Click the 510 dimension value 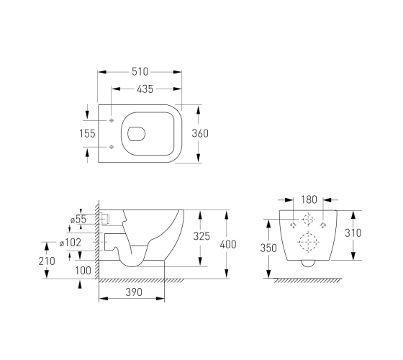pos(140,72)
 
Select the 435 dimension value pos(145,89)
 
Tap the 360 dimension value pos(200,133)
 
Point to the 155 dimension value pos(87,133)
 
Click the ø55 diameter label pos(78,220)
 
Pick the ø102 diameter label pos(71,243)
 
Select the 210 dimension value pos(47,261)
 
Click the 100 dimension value pos(83,271)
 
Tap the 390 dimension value pos(134,292)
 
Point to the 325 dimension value pos(201,236)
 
